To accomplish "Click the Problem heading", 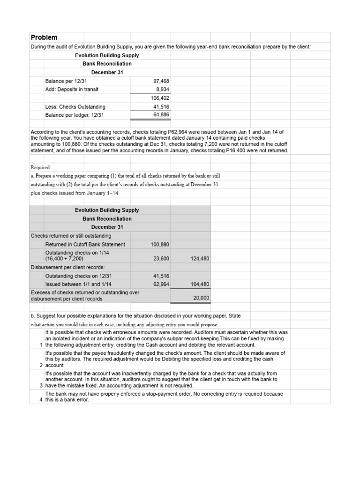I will click(44, 37).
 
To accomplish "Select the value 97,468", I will click(161, 81).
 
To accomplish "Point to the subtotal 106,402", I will click(160, 98).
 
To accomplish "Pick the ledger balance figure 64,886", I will click(161, 115).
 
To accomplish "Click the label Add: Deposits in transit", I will click(72, 89).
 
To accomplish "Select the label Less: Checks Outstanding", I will click(75, 106).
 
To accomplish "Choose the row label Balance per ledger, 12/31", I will click(75, 115).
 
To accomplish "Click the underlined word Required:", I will click(41, 167).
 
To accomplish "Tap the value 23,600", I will click(161, 258).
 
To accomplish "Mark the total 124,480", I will click(200, 258).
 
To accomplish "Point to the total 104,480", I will click(200, 284).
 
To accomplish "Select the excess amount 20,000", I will click(202, 298).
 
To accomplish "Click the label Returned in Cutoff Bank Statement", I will click(85, 244).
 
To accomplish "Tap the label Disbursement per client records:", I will click(67, 267).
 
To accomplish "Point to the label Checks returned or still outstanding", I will click(71, 235).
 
